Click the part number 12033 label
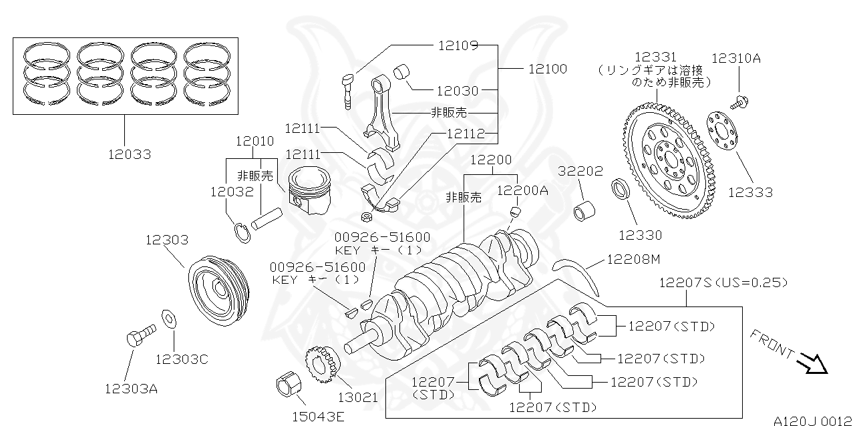130,154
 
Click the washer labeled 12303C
170,318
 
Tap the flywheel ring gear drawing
669,160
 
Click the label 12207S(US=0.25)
723,282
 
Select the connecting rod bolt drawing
347,90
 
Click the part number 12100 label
547,69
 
